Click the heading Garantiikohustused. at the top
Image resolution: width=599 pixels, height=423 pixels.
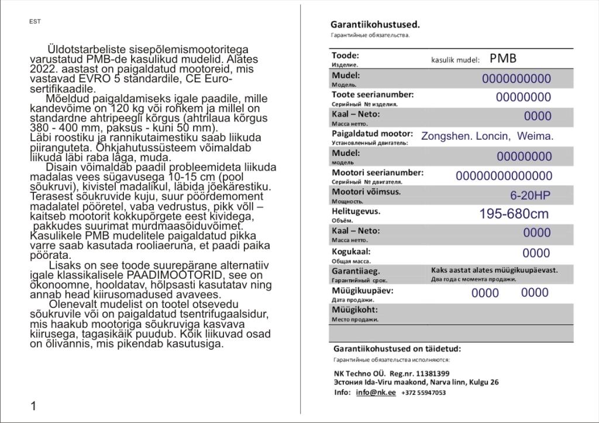375,25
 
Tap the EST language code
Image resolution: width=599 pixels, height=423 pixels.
35,22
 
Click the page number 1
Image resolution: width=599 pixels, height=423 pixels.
33,406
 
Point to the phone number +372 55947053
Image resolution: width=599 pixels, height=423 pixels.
424,393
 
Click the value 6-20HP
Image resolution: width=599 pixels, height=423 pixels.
530,195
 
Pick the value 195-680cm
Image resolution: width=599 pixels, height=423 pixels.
514,214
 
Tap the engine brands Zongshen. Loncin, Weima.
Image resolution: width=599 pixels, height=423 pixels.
487,136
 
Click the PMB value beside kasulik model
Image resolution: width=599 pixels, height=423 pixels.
503,58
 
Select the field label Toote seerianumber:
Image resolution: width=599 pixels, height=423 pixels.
373,94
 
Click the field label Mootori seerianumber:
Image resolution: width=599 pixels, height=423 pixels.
377,172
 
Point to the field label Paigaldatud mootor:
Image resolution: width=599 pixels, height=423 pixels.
372,134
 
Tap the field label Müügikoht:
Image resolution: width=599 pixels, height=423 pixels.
354,310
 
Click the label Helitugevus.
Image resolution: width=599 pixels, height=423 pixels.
356,211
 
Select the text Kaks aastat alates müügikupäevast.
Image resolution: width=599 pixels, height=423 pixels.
494,270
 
